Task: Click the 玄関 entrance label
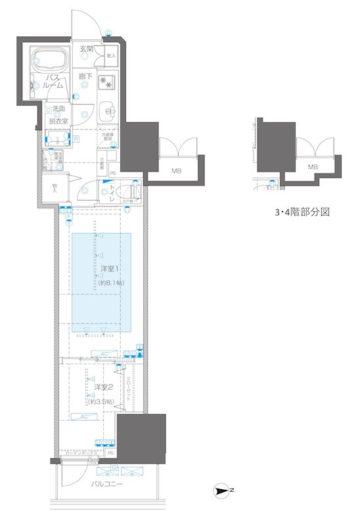coord(87,49)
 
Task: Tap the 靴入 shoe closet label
coord(110,57)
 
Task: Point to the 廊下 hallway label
coord(85,77)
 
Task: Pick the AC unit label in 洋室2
coord(85,417)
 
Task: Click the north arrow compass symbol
coord(223,490)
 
